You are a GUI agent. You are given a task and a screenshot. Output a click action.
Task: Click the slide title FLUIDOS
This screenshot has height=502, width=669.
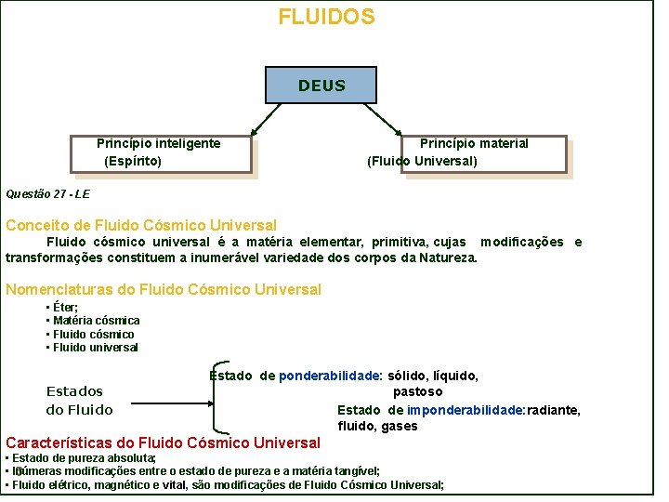click(x=326, y=17)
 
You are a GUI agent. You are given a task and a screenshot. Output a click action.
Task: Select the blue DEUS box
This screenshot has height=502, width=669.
click(x=321, y=86)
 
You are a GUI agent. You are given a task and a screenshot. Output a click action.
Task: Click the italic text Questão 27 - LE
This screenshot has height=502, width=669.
click(x=47, y=194)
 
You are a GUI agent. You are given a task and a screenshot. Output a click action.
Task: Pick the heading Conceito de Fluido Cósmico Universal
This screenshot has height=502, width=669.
click(x=141, y=225)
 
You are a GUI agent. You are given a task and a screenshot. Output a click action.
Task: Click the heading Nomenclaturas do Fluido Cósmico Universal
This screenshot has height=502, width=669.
click(x=164, y=289)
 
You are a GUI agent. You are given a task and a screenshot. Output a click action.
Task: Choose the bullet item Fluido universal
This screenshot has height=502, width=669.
click(x=95, y=348)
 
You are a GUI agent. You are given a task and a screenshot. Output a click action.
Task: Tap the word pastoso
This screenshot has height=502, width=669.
click(x=417, y=391)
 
